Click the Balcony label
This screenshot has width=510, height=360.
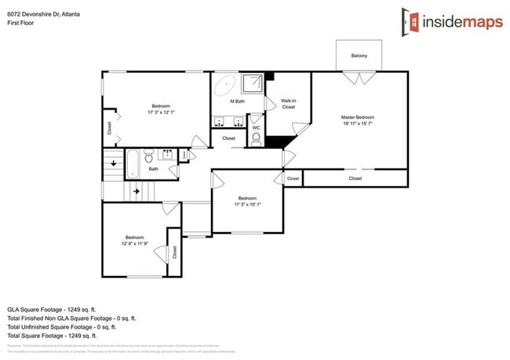point(359,56)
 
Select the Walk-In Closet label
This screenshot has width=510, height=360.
point(288,104)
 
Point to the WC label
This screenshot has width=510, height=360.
point(256,128)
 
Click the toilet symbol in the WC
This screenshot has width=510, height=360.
point(256,139)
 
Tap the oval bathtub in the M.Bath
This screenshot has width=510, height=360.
point(225,83)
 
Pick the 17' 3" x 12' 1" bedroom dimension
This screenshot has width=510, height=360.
point(160,112)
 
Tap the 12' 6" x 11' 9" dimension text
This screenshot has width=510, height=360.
point(134,243)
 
